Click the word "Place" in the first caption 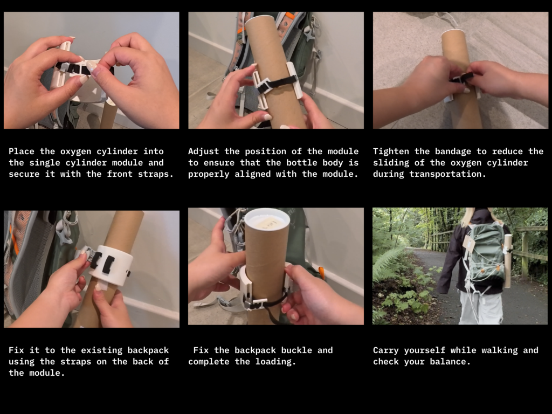[x=22, y=151]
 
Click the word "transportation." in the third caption [x=447, y=174]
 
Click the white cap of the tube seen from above [x=267, y=221]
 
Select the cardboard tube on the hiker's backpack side [x=507, y=260]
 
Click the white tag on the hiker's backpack [x=468, y=244]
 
